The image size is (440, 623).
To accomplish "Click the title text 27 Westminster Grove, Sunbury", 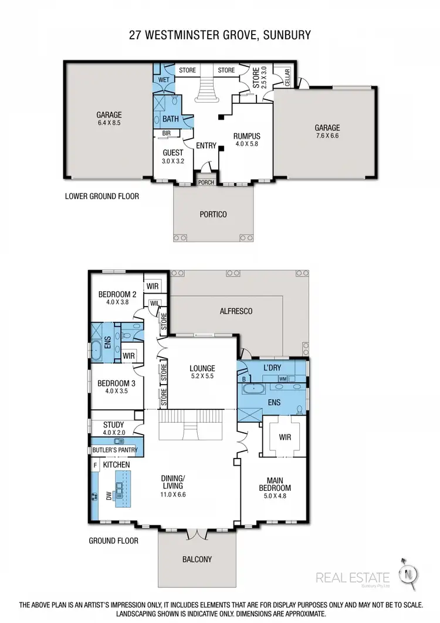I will tap(220, 36).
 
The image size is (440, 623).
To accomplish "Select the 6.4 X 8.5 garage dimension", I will tap(109, 124).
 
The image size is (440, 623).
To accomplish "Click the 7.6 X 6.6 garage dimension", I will tap(326, 136).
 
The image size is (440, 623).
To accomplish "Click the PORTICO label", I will tap(213, 214).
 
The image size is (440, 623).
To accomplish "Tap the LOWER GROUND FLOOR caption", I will tap(101, 196).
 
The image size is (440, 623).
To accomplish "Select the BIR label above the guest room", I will tap(167, 133).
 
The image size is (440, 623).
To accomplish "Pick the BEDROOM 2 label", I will tap(117, 294).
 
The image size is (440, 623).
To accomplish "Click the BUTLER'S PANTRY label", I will tap(115, 450).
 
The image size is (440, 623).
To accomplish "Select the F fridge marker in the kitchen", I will tap(95, 465).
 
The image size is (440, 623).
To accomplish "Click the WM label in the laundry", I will tap(283, 378).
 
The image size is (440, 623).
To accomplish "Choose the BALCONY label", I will tap(197, 559).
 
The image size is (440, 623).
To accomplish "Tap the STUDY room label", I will tap(113, 424).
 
